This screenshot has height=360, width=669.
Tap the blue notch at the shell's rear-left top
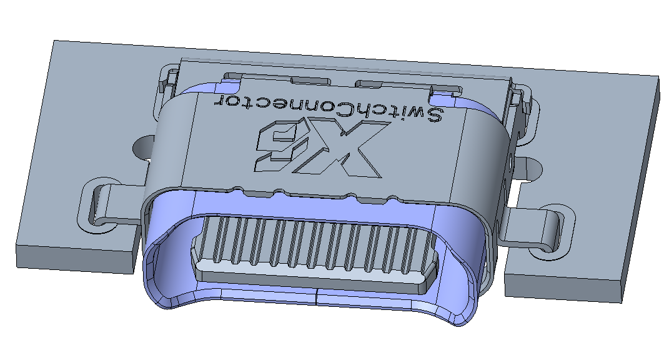(x=232, y=78)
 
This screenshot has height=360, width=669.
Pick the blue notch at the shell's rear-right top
(x=445, y=96)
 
